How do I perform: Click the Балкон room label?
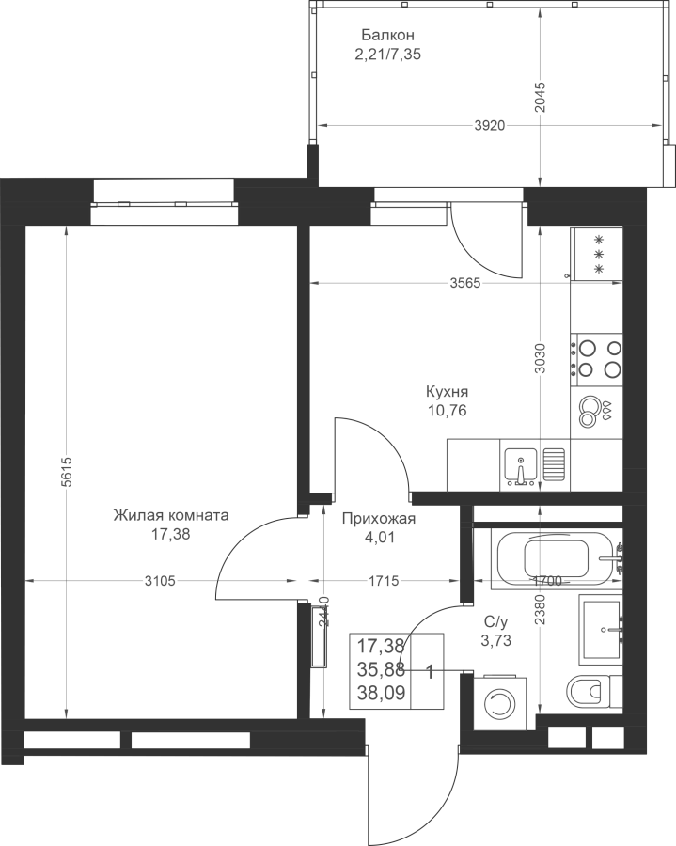coord(388,36)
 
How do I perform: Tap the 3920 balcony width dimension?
coord(490,126)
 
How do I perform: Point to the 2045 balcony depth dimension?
coord(541,97)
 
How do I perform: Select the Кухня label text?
coord(448,391)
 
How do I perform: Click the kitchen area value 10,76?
coord(448,411)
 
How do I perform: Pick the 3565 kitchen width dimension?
coord(465,283)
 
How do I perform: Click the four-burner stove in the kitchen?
coord(597,360)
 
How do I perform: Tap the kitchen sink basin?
coord(520,466)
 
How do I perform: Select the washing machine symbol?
coord(500,702)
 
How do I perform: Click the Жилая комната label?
coord(171,515)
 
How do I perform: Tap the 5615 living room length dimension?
coord(67,472)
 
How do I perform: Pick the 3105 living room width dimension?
coord(160,581)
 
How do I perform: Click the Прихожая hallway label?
coord(379,519)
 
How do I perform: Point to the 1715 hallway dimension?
coord(384,581)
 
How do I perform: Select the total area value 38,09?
coord(382,693)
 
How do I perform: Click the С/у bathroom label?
coord(495,622)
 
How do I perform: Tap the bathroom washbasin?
coord(601,628)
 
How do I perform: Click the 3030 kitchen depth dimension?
coord(541,359)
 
